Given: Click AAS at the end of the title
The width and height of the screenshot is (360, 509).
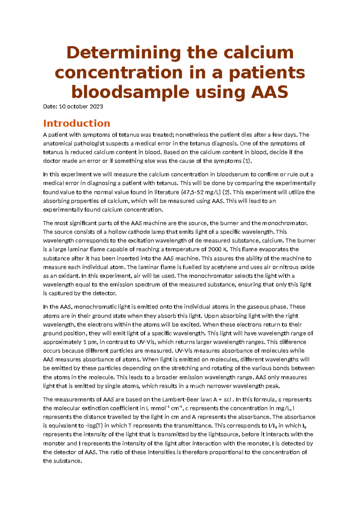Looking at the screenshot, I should pos(269,92).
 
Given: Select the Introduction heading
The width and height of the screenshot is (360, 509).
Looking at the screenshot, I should pos(76,123).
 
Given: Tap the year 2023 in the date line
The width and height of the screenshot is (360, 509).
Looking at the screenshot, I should pos(96,107).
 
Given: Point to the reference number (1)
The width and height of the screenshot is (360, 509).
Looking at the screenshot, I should pos(247,161).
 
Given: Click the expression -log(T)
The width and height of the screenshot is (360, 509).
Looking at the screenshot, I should pos(94,426).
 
